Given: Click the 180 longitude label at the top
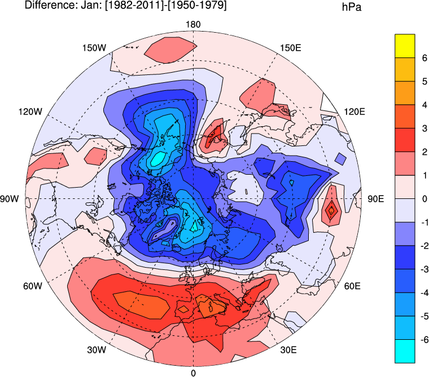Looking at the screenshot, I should (193, 24).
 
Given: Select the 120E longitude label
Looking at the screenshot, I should (355, 112).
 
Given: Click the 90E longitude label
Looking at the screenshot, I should (376, 199).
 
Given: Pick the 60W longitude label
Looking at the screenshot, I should (33, 286).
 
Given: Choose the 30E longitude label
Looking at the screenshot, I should (288, 350).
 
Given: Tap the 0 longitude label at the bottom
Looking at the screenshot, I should (193, 372).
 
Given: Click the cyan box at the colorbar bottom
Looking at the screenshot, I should (405, 351).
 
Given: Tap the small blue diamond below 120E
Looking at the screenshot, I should (340, 158).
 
